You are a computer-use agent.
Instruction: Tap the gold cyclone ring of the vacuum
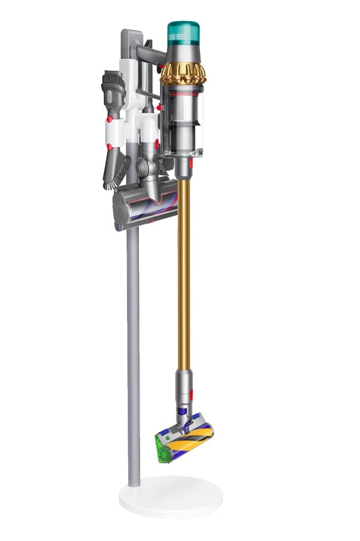tap(183, 73)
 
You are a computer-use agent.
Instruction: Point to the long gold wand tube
tap(184, 275)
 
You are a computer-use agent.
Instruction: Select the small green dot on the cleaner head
tap(167, 438)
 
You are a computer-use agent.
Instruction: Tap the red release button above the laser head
tap(191, 394)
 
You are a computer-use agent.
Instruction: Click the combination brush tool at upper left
tap(113, 89)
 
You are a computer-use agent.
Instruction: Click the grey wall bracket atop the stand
tap(129, 45)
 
